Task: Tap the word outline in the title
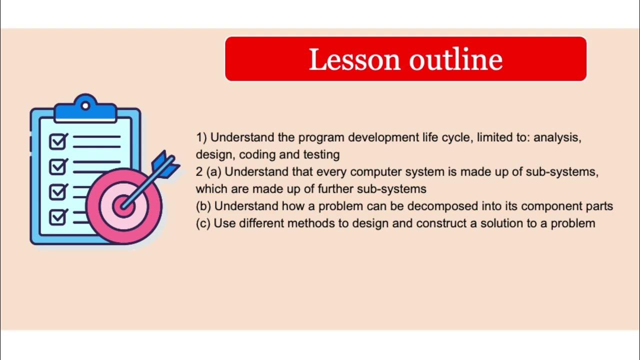click(456, 59)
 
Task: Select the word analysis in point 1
click(557, 137)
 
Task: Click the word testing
click(321, 154)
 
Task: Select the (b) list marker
click(203, 206)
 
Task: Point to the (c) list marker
click(203, 223)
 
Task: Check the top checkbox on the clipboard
click(58, 141)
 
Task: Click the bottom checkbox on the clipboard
click(58, 216)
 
